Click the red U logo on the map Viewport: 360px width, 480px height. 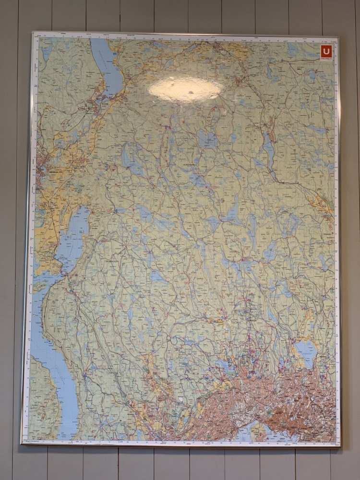click(326, 51)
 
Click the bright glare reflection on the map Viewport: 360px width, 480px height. click(185, 90)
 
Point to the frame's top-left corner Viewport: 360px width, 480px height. click(33, 33)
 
